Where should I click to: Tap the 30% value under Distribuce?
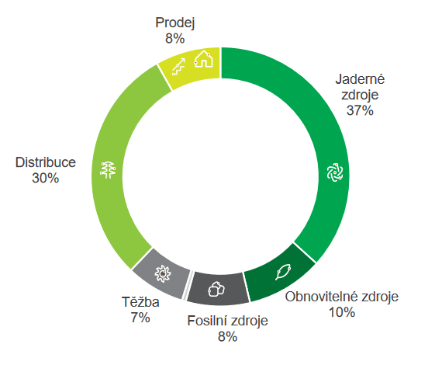coord(46,178)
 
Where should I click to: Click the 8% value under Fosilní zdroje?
coord(226,335)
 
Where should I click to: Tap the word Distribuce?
coord(46,163)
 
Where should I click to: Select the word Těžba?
coord(140,302)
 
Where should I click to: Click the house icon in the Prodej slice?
coord(203,58)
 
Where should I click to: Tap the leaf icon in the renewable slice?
coord(283,273)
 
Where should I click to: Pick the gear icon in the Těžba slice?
coord(161,272)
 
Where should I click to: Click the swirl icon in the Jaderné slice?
coord(334,172)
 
